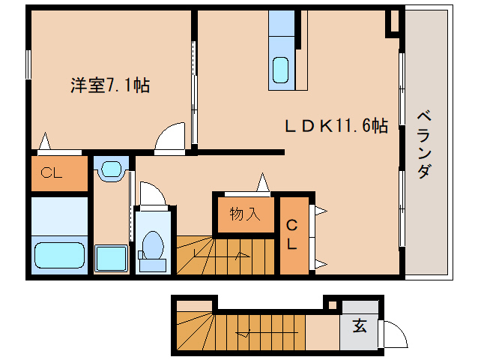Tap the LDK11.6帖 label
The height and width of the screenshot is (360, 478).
pos(335,126)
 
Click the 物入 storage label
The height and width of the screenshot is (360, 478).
pos(244,214)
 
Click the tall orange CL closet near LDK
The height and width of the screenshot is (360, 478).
pos(292,234)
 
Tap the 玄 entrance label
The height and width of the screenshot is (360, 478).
pos(360,326)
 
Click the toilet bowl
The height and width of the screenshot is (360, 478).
pos(154,246)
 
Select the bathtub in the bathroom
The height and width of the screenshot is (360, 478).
pos(61,254)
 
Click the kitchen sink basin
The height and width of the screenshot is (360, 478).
pos(282,70)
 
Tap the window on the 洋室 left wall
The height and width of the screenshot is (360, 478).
pos(28,63)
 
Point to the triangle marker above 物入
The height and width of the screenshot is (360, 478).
pos(263,182)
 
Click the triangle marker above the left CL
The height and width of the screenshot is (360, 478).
pos(46,141)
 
